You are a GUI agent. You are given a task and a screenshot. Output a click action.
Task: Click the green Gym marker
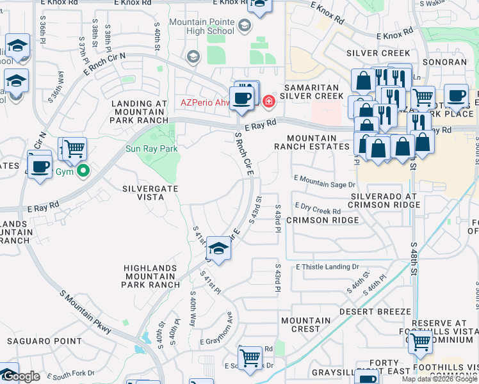tap(82, 171)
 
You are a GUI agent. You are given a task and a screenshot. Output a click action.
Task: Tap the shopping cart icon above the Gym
tap(74, 148)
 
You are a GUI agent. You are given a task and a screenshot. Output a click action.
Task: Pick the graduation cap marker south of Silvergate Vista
tap(218, 249)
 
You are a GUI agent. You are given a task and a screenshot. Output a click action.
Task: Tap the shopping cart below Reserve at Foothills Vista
tap(420, 342)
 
